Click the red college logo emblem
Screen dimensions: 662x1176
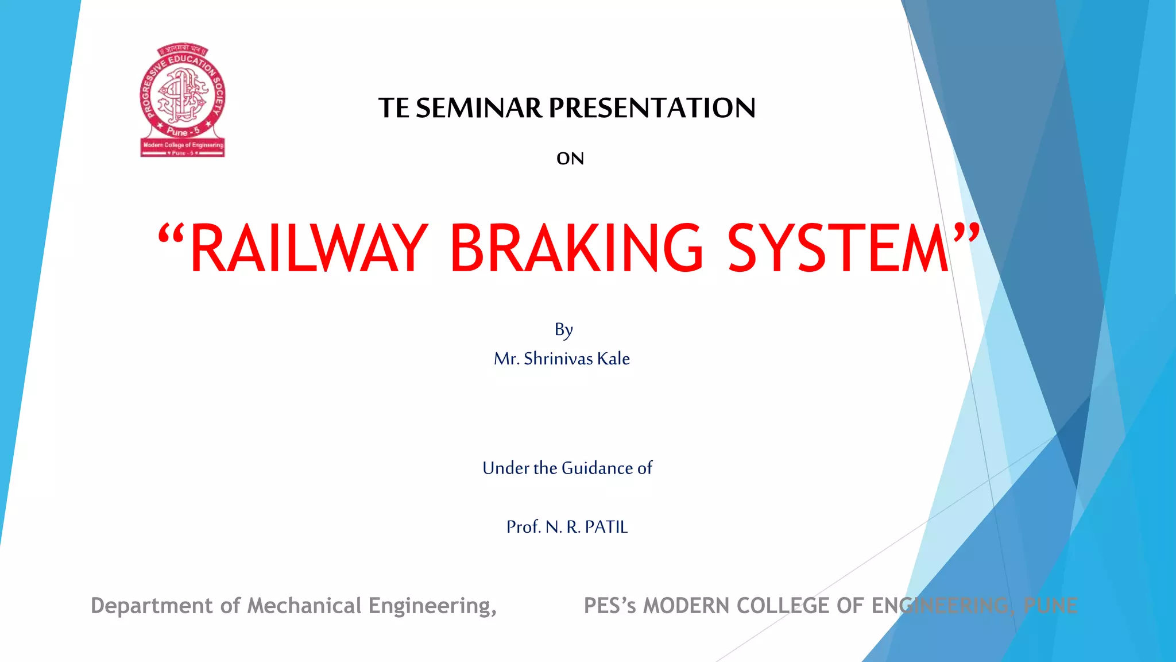pos(183,100)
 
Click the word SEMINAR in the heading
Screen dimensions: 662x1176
pos(479,108)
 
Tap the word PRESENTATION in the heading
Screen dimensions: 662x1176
pos(652,108)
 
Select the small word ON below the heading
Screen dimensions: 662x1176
pos(570,159)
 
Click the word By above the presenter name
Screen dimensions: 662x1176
pos(563,330)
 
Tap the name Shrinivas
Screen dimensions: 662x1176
pos(558,359)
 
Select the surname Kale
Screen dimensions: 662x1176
pos(613,359)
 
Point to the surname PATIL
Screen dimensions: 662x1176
pos(606,527)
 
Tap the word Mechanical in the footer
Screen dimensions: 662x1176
pos(304,606)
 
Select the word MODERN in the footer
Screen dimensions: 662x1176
pos(686,606)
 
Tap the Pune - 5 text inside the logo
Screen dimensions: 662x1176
pos(183,132)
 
